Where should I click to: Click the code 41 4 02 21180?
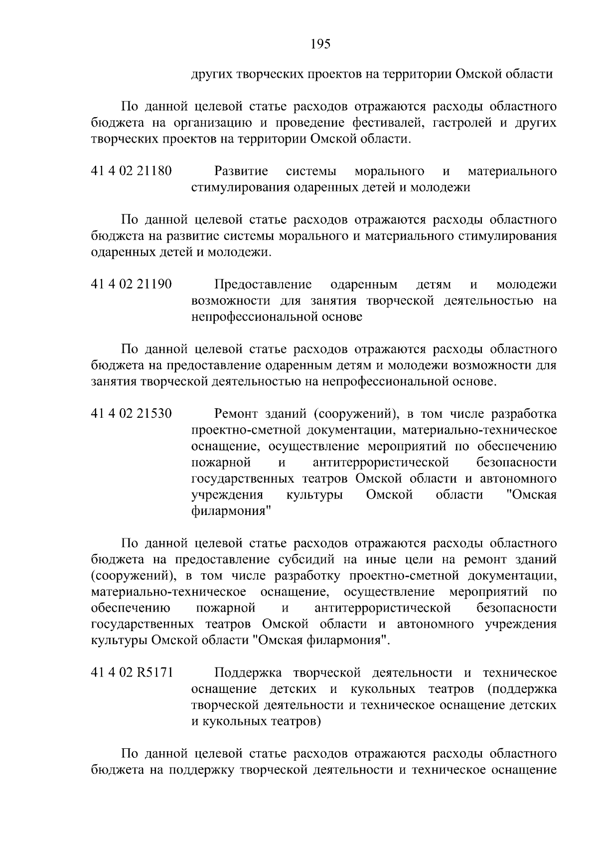[x=132, y=171]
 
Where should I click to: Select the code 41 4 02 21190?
[x=132, y=285]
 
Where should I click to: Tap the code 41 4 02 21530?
[x=132, y=414]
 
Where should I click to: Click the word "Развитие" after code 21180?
[x=241, y=171]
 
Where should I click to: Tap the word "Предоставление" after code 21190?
[x=263, y=285]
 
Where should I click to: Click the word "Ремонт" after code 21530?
[x=236, y=414]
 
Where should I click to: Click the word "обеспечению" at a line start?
[x=131, y=608]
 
